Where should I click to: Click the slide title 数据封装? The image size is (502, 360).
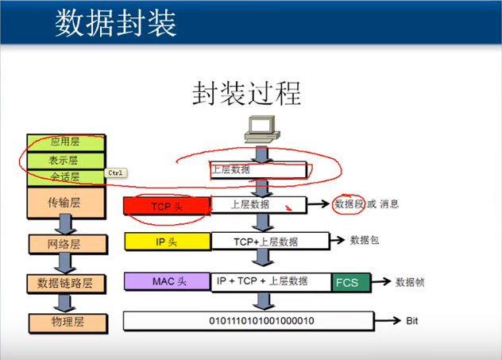(116, 24)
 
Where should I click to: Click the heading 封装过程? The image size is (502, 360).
(246, 94)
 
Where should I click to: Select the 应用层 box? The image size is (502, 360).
(65, 142)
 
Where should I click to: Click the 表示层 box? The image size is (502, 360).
(65, 160)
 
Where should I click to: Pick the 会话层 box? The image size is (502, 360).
(65, 176)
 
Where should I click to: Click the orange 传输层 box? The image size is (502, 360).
(65, 203)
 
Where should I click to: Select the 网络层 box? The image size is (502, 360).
(66, 242)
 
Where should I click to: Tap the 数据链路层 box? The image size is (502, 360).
(66, 283)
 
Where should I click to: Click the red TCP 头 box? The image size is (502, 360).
(166, 205)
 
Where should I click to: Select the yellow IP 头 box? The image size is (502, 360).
(166, 241)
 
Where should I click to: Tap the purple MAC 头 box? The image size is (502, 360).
(166, 281)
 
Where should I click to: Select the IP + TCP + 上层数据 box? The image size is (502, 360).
(271, 281)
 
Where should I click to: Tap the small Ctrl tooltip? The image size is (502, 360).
(116, 172)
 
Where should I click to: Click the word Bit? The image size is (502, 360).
(411, 321)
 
